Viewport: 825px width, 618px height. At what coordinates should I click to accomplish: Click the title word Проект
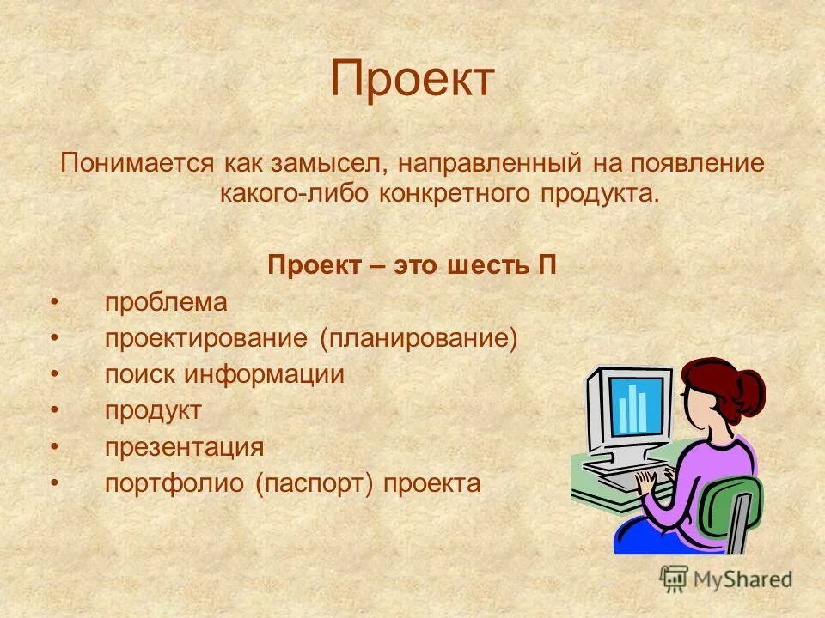click(412, 79)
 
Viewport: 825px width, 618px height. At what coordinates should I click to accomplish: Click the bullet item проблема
click(166, 302)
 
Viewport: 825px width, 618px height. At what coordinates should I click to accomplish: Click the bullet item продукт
click(153, 411)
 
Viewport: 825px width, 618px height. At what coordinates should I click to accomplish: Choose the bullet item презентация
click(184, 447)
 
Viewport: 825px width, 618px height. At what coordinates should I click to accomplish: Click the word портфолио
click(175, 484)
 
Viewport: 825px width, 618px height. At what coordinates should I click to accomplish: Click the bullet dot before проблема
click(54, 303)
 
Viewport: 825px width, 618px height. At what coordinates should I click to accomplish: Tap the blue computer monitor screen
click(637, 406)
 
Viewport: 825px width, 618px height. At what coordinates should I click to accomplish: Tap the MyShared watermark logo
click(726, 579)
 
